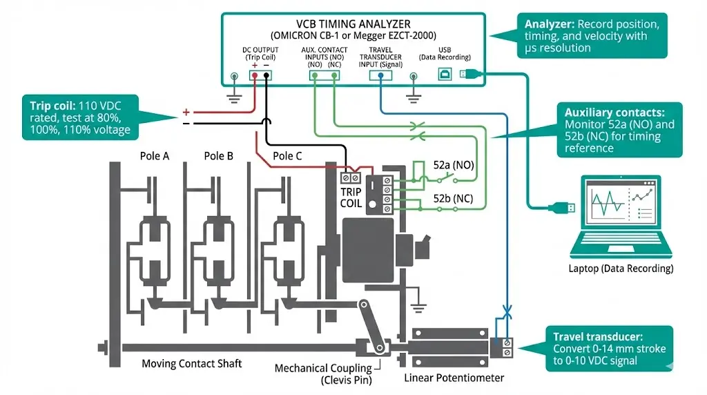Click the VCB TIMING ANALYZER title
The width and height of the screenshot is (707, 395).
353,24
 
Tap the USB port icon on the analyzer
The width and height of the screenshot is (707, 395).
445,74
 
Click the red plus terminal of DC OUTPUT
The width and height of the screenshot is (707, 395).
255,75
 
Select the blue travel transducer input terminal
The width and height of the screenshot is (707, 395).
380,75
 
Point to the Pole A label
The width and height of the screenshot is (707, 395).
154,156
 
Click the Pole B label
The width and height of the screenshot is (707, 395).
218,156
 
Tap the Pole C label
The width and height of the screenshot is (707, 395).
287,156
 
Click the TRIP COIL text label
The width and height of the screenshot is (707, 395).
351,197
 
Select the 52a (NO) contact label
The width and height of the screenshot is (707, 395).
454,165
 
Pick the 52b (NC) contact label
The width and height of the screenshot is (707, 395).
453,198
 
